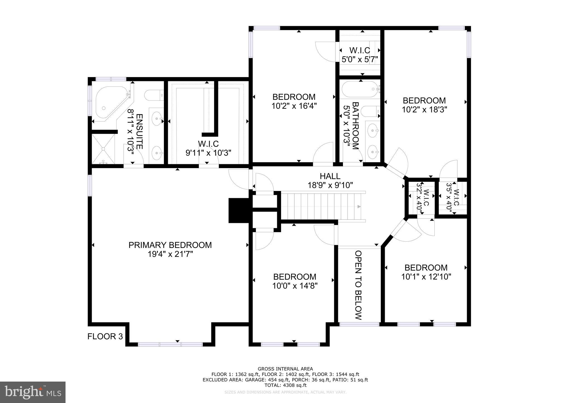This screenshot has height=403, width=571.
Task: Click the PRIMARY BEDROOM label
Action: click(x=170, y=245)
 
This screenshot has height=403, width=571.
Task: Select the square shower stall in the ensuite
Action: click(x=103, y=149)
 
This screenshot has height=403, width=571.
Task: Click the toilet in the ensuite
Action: click(x=154, y=95)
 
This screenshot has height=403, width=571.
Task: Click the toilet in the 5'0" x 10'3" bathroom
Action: click(x=370, y=112)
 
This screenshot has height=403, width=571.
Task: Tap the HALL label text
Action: click(x=330, y=176)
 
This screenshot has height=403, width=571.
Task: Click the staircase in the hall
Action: click(x=321, y=207)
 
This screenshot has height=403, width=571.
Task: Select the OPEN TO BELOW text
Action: click(x=359, y=285)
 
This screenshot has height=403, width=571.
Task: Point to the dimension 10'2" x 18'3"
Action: click(x=424, y=110)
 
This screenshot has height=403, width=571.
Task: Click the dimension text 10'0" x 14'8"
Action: click(x=295, y=286)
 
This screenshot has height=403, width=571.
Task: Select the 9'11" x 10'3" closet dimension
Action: click(x=208, y=153)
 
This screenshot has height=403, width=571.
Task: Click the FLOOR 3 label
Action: click(x=105, y=336)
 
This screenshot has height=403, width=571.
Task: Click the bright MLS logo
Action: click(x=33, y=392)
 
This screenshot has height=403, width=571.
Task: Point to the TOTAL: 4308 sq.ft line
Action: click(x=285, y=385)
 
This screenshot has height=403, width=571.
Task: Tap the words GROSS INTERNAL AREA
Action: click(x=285, y=369)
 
